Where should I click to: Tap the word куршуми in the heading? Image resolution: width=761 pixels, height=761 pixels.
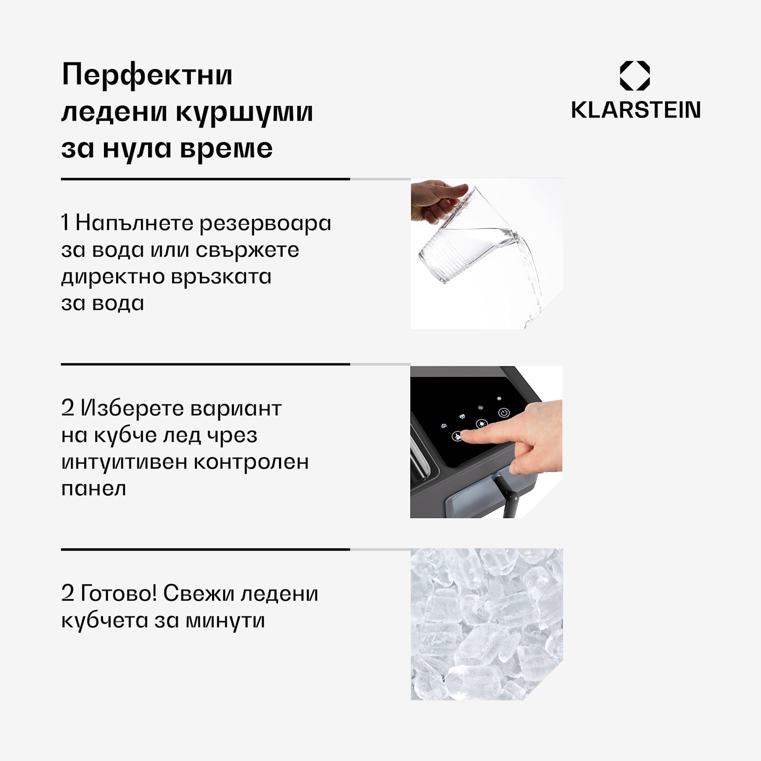tap(245, 113)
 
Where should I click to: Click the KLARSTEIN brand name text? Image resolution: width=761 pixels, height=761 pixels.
tap(636, 110)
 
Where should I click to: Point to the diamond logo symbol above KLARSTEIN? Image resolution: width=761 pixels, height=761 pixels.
tap(635, 76)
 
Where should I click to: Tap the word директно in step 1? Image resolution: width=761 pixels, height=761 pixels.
tap(112, 277)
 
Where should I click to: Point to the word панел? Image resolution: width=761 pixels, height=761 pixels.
tap(93, 489)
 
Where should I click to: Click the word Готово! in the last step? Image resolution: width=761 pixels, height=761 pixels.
tap(119, 593)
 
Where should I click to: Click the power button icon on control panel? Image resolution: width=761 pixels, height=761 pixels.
tap(504, 413)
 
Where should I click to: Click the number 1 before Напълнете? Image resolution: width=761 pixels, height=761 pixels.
tap(64, 223)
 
